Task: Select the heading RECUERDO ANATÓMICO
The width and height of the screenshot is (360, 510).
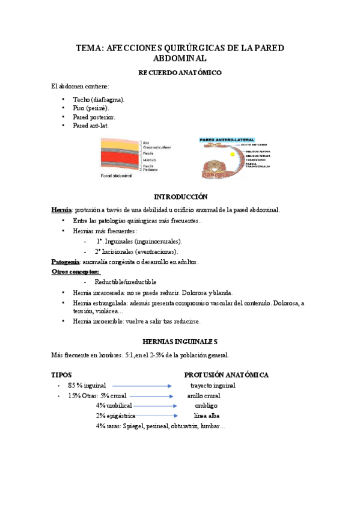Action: pyautogui.click(x=180, y=73)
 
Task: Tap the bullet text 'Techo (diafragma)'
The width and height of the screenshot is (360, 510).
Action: pyautogui.click(x=99, y=99)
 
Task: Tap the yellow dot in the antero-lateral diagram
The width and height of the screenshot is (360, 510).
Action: pyautogui.click(x=225, y=155)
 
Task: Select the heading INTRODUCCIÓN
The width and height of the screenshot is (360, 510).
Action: pyautogui.click(x=180, y=197)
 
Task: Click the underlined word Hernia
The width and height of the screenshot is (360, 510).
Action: pyautogui.click(x=61, y=210)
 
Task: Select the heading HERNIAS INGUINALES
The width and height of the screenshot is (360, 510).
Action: pyautogui.click(x=180, y=341)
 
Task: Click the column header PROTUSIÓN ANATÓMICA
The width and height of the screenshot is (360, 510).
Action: pyautogui.click(x=226, y=375)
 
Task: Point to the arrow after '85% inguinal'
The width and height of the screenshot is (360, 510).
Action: pyautogui.click(x=142, y=386)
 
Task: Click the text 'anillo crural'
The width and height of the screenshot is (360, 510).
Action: pyautogui.click(x=203, y=396)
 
